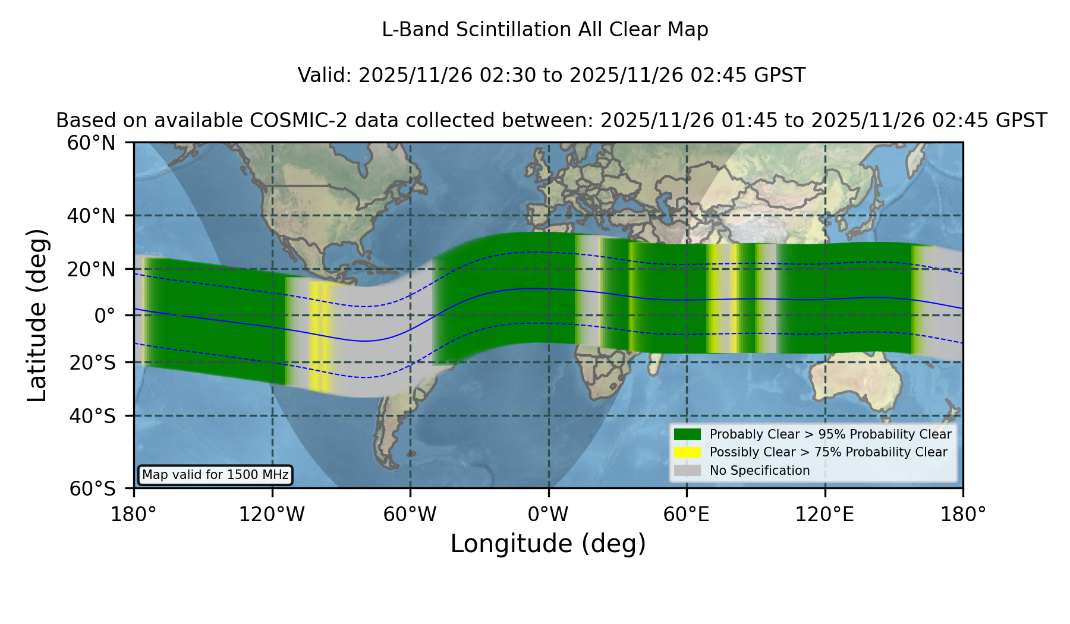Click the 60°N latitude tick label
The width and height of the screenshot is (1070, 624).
coord(91,143)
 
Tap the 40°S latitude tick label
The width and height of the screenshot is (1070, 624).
coord(92,416)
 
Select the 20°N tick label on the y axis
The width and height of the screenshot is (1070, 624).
coord(91,269)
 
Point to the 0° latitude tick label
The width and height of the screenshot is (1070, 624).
coord(105,316)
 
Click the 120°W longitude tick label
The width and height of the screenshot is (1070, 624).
coord(272,515)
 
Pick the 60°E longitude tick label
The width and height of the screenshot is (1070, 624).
coord(686,515)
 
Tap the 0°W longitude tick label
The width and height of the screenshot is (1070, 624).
coord(548,515)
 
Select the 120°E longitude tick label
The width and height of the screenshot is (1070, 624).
coord(824,515)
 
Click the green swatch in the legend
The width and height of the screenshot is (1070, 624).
coord(688,434)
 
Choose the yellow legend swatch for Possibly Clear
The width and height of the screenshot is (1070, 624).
coord(688,452)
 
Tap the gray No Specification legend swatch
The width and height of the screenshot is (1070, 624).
coord(688,471)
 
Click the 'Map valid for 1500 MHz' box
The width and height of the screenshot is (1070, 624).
coord(215,475)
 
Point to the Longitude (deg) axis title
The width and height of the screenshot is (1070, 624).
coord(548,544)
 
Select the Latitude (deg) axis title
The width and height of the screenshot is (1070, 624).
coord(37,315)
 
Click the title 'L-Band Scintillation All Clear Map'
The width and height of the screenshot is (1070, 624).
coord(545,30)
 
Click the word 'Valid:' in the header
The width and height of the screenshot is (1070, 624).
coord(325,75)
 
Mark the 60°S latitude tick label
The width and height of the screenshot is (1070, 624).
coord(92,489)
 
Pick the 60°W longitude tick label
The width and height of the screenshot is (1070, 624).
coord(410,515)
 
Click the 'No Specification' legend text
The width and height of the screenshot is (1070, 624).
coord(760,471)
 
